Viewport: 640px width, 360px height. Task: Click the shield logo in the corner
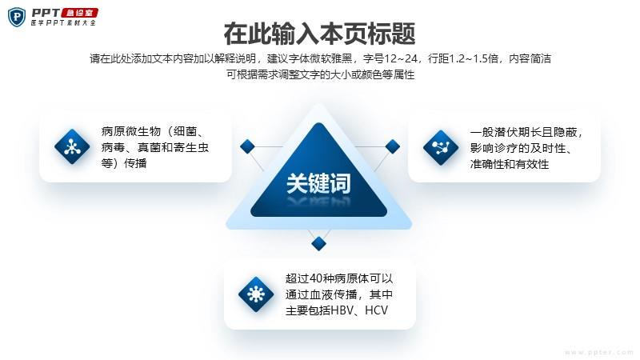pos(16,17)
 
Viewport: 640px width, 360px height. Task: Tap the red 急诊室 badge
pos(79,13)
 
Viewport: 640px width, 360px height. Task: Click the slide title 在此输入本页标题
pos(319,34)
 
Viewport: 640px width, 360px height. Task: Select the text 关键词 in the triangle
pos(318,183)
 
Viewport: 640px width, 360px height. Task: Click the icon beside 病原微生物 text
pos(72,146)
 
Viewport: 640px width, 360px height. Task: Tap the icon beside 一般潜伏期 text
pos(441,147)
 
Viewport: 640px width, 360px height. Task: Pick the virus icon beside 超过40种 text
pos(256,294)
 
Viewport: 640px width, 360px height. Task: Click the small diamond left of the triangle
pos(247,146)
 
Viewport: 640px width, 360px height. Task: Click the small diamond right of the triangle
pos(392,146)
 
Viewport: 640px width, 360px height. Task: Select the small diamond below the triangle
pos(318,244)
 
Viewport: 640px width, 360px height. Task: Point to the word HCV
pos(376,310)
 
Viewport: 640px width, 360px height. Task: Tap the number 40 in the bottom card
pos(316,278)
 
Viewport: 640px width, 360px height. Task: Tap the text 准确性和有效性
pos(510,164)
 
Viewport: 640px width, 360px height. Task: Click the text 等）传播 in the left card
pos(124,163)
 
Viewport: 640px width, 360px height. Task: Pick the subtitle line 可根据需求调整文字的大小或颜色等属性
pos(321,74)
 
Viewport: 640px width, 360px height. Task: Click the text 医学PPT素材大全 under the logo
pos(64,23)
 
